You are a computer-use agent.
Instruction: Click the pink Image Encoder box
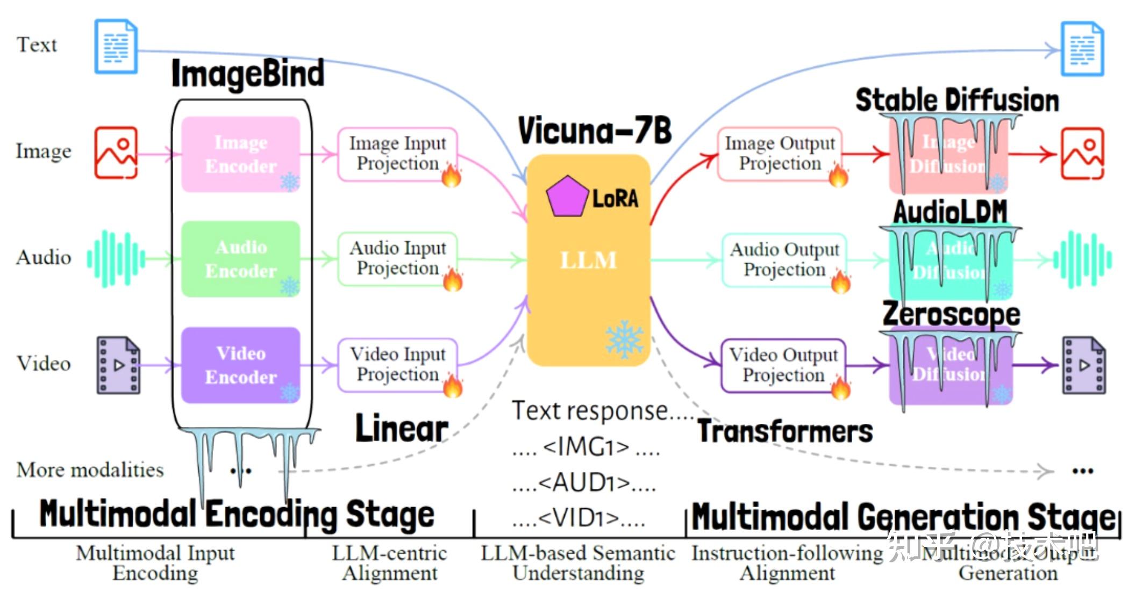pos(240,154)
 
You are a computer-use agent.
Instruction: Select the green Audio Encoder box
pos(240,259)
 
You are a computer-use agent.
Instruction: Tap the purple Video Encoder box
pos(240,365)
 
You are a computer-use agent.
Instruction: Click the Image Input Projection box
pos(397,154)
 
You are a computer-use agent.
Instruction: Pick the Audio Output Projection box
pos(784,260)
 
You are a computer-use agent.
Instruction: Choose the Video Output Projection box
pos(783,365)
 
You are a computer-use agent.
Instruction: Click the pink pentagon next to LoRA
pos(567,197)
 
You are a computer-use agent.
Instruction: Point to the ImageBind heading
pos(247,74)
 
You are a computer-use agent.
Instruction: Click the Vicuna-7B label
pos(595,131)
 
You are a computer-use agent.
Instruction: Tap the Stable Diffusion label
pos(957,100)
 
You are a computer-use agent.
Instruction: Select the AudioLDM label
pos(950,212)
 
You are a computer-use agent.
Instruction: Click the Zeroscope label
pos(951,314)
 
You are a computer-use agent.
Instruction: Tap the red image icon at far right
pos(1082,154)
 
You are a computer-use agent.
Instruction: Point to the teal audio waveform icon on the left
pos(116,259)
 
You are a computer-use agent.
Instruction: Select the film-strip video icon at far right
pos(1083,365)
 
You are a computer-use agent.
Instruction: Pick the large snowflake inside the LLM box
pos(624,339)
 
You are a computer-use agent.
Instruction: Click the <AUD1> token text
pos(584,482)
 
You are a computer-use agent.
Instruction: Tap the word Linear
pos(402,429)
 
